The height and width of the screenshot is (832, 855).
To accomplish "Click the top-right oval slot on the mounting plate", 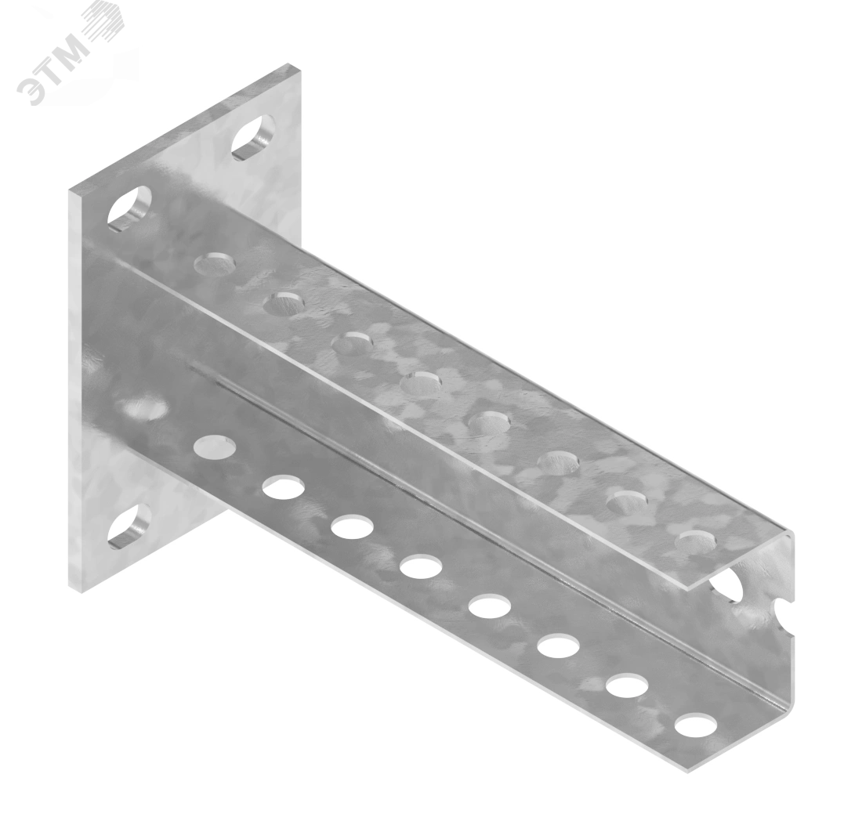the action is pyautogui.click(x=254, y=136).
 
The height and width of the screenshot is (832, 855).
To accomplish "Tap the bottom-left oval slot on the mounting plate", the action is pyautogui.click(x=129, y=524).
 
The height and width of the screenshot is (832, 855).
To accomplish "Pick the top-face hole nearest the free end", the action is pyautogui.click(x=695, y=541).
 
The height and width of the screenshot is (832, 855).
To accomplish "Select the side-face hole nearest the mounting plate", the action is pyautogui.click(x=214, y=446).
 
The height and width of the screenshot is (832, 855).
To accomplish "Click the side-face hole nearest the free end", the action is pyautogui.click(x=696, y=724).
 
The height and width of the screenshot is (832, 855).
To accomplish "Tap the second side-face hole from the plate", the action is pyautogui.click(x=283, y=486).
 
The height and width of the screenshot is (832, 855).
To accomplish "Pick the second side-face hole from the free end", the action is pyautogui.click(x=627, y=685).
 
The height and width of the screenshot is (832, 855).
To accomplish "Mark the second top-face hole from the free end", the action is pyautogui.click(x=626, y=501).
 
